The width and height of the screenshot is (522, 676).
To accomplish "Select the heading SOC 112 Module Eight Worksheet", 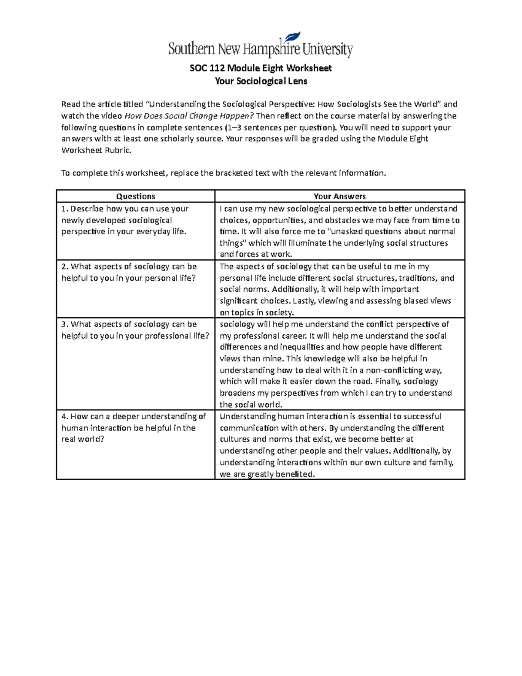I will (x=261, y=68).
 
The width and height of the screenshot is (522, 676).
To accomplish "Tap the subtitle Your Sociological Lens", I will (x=261, y=81).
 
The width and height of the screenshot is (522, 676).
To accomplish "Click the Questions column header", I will (x=135, y=196).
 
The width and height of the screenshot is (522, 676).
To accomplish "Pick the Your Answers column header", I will (x=340, y=196).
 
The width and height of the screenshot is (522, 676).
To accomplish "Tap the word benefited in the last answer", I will (x=296, y=474).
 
